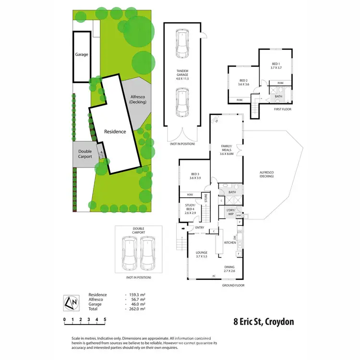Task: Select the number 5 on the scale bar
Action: pos(105,319)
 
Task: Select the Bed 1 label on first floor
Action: pos(275,66)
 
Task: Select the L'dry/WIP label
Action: pos(230,212)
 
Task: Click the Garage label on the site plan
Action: pos(82,55)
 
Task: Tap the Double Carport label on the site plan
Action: pos(85,154)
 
